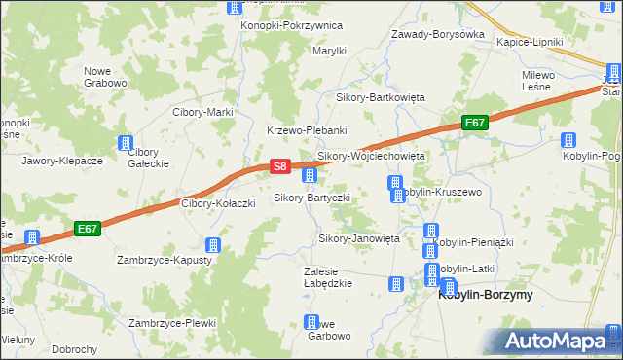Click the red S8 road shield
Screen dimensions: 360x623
pos(279,167)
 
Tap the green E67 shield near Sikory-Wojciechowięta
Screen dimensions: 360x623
pos(474,123)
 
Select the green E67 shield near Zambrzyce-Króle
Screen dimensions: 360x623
pos(88,229)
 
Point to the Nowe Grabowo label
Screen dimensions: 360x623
pos(105,77)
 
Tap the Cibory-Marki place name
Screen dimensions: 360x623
pos(202,112)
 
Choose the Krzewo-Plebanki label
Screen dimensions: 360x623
pos(307,130)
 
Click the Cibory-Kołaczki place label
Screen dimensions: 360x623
pos(219,203)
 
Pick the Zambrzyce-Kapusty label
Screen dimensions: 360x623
pos(165,261)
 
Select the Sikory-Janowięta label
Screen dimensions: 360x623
pos(359,238)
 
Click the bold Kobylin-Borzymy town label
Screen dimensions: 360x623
pos(486,295)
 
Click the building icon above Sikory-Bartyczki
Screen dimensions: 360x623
pos(310,176)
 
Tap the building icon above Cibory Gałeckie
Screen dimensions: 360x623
pos(126,143)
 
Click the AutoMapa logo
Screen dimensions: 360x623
pos(560,341)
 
